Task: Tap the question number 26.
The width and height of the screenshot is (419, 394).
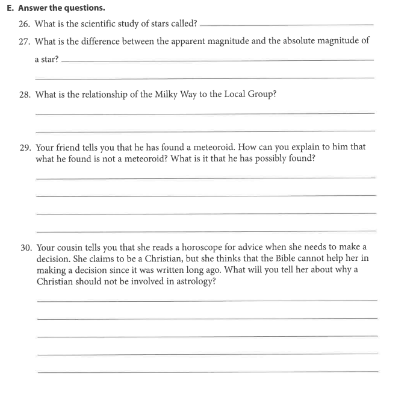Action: click(x=25, y=24)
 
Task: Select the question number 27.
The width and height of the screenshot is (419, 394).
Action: click(x=25, y=41)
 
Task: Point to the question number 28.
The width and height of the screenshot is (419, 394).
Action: click(x=25, y=95)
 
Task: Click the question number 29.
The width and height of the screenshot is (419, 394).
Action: click(x=25, y=147)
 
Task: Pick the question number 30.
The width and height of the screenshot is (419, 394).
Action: click(x=25, y=248)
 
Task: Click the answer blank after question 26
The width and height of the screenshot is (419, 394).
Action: click(x=286, y=25)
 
